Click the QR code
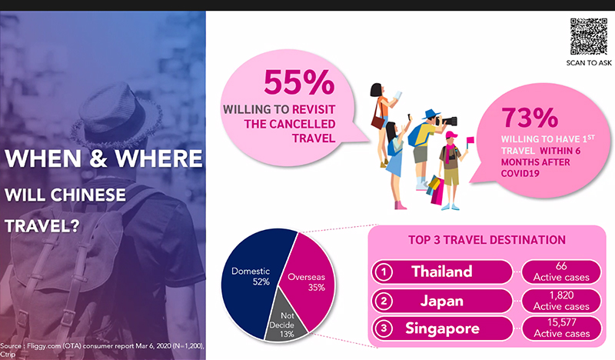[588, 36]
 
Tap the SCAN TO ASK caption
[589, 63]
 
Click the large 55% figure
[299, 82]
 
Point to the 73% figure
[530, 118]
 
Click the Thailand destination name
[441, 272]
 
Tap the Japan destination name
[441, 301]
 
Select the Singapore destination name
[442, 328]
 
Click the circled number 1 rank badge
[384, 272]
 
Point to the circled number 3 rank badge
[384, 328]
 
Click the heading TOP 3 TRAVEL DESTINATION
[487, 240]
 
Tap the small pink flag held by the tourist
[470, 140]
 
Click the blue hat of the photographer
[431, 114]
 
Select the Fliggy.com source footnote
[102, 349]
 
